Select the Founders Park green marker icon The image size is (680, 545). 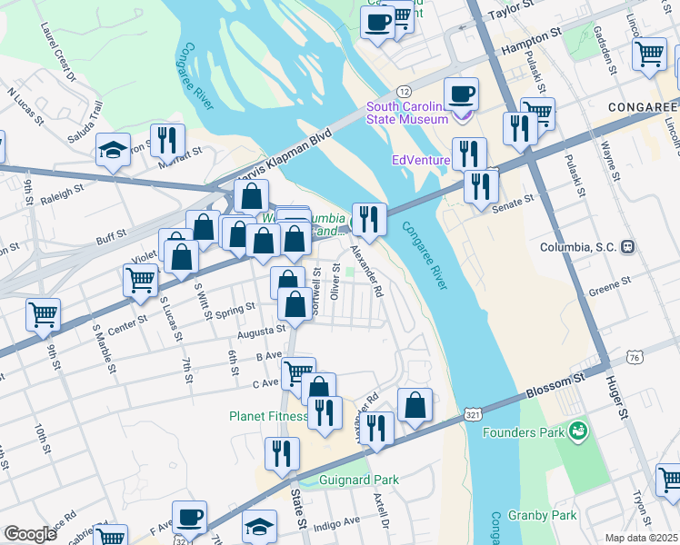click(x=575, y=430)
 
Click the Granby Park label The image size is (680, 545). click(x=543, y=515)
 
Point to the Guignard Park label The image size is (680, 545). click(x=359, y=479)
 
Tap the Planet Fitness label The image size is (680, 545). click(x=269, y=417)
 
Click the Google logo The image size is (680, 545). click(x=30, y=533)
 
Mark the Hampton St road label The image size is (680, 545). click(x=531, y=42)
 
